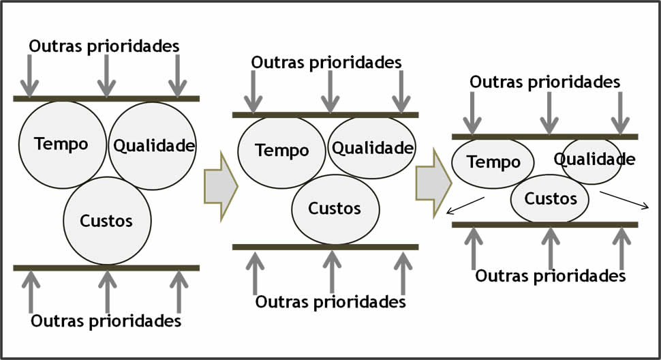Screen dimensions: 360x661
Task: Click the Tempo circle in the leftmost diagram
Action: click(x=62, y=145)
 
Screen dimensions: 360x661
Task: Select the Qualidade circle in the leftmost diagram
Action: click(x=153, y=145)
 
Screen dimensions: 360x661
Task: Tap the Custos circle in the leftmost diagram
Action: click(x=107, y=220)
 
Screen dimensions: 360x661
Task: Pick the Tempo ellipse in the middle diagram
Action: click(x=281, y=151)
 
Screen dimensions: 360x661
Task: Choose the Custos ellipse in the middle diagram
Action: click(x=335, y=208)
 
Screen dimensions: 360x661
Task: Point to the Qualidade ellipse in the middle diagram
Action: click(x=372, y=147)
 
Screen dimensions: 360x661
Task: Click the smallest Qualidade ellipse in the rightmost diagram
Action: click(x=591, y=160)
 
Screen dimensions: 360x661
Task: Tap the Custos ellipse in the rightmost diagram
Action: click(x=551, y=198)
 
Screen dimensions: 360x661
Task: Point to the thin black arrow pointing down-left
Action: click(x=465, y=205)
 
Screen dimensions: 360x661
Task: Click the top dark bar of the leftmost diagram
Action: click(x=106, y=99)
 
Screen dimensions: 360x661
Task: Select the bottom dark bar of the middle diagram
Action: click(x=325, y=247)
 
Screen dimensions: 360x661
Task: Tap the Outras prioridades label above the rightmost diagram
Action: click(x=545, y=82)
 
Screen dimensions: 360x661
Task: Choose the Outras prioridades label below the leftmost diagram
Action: click(x=106, y=321)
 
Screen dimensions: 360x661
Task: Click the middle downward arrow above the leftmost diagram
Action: click(x=106, y=75)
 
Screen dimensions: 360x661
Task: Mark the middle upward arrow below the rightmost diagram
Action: click(x=551, y=247)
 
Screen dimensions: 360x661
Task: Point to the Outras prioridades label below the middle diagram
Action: click(x=330, y=301)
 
